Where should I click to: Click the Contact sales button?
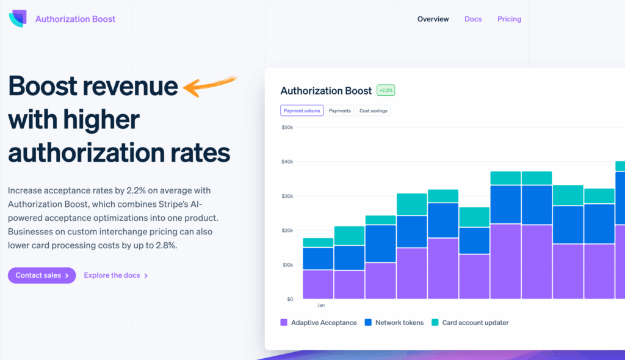point(42,275)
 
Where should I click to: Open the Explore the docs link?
point(115,275)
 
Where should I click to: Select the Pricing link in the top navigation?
point(509,19)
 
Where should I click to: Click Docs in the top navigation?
point(473,19)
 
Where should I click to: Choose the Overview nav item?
point(433,19)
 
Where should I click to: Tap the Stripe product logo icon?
point(18,19)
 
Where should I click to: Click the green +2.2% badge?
point(386,90)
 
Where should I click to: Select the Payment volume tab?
point(302,110)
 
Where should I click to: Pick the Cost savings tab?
point(374,110)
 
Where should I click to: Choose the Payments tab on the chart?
point(340,110)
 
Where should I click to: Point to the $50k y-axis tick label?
point(287,128)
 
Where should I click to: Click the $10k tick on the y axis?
point(287,265)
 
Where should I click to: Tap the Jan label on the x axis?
point(321,304)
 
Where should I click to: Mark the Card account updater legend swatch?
point(435,322)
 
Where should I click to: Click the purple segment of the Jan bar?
point(318,284)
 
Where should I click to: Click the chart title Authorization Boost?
point(326,90)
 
